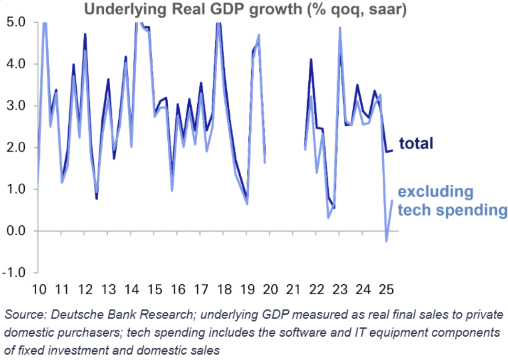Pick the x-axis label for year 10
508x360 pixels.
39,289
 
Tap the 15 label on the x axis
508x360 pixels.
155,289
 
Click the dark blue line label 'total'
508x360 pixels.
416,143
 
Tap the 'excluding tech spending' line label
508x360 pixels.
452,200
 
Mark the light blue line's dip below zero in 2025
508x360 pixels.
386,241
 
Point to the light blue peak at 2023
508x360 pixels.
340,28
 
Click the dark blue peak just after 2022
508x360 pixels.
311,60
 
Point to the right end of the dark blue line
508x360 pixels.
392,151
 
